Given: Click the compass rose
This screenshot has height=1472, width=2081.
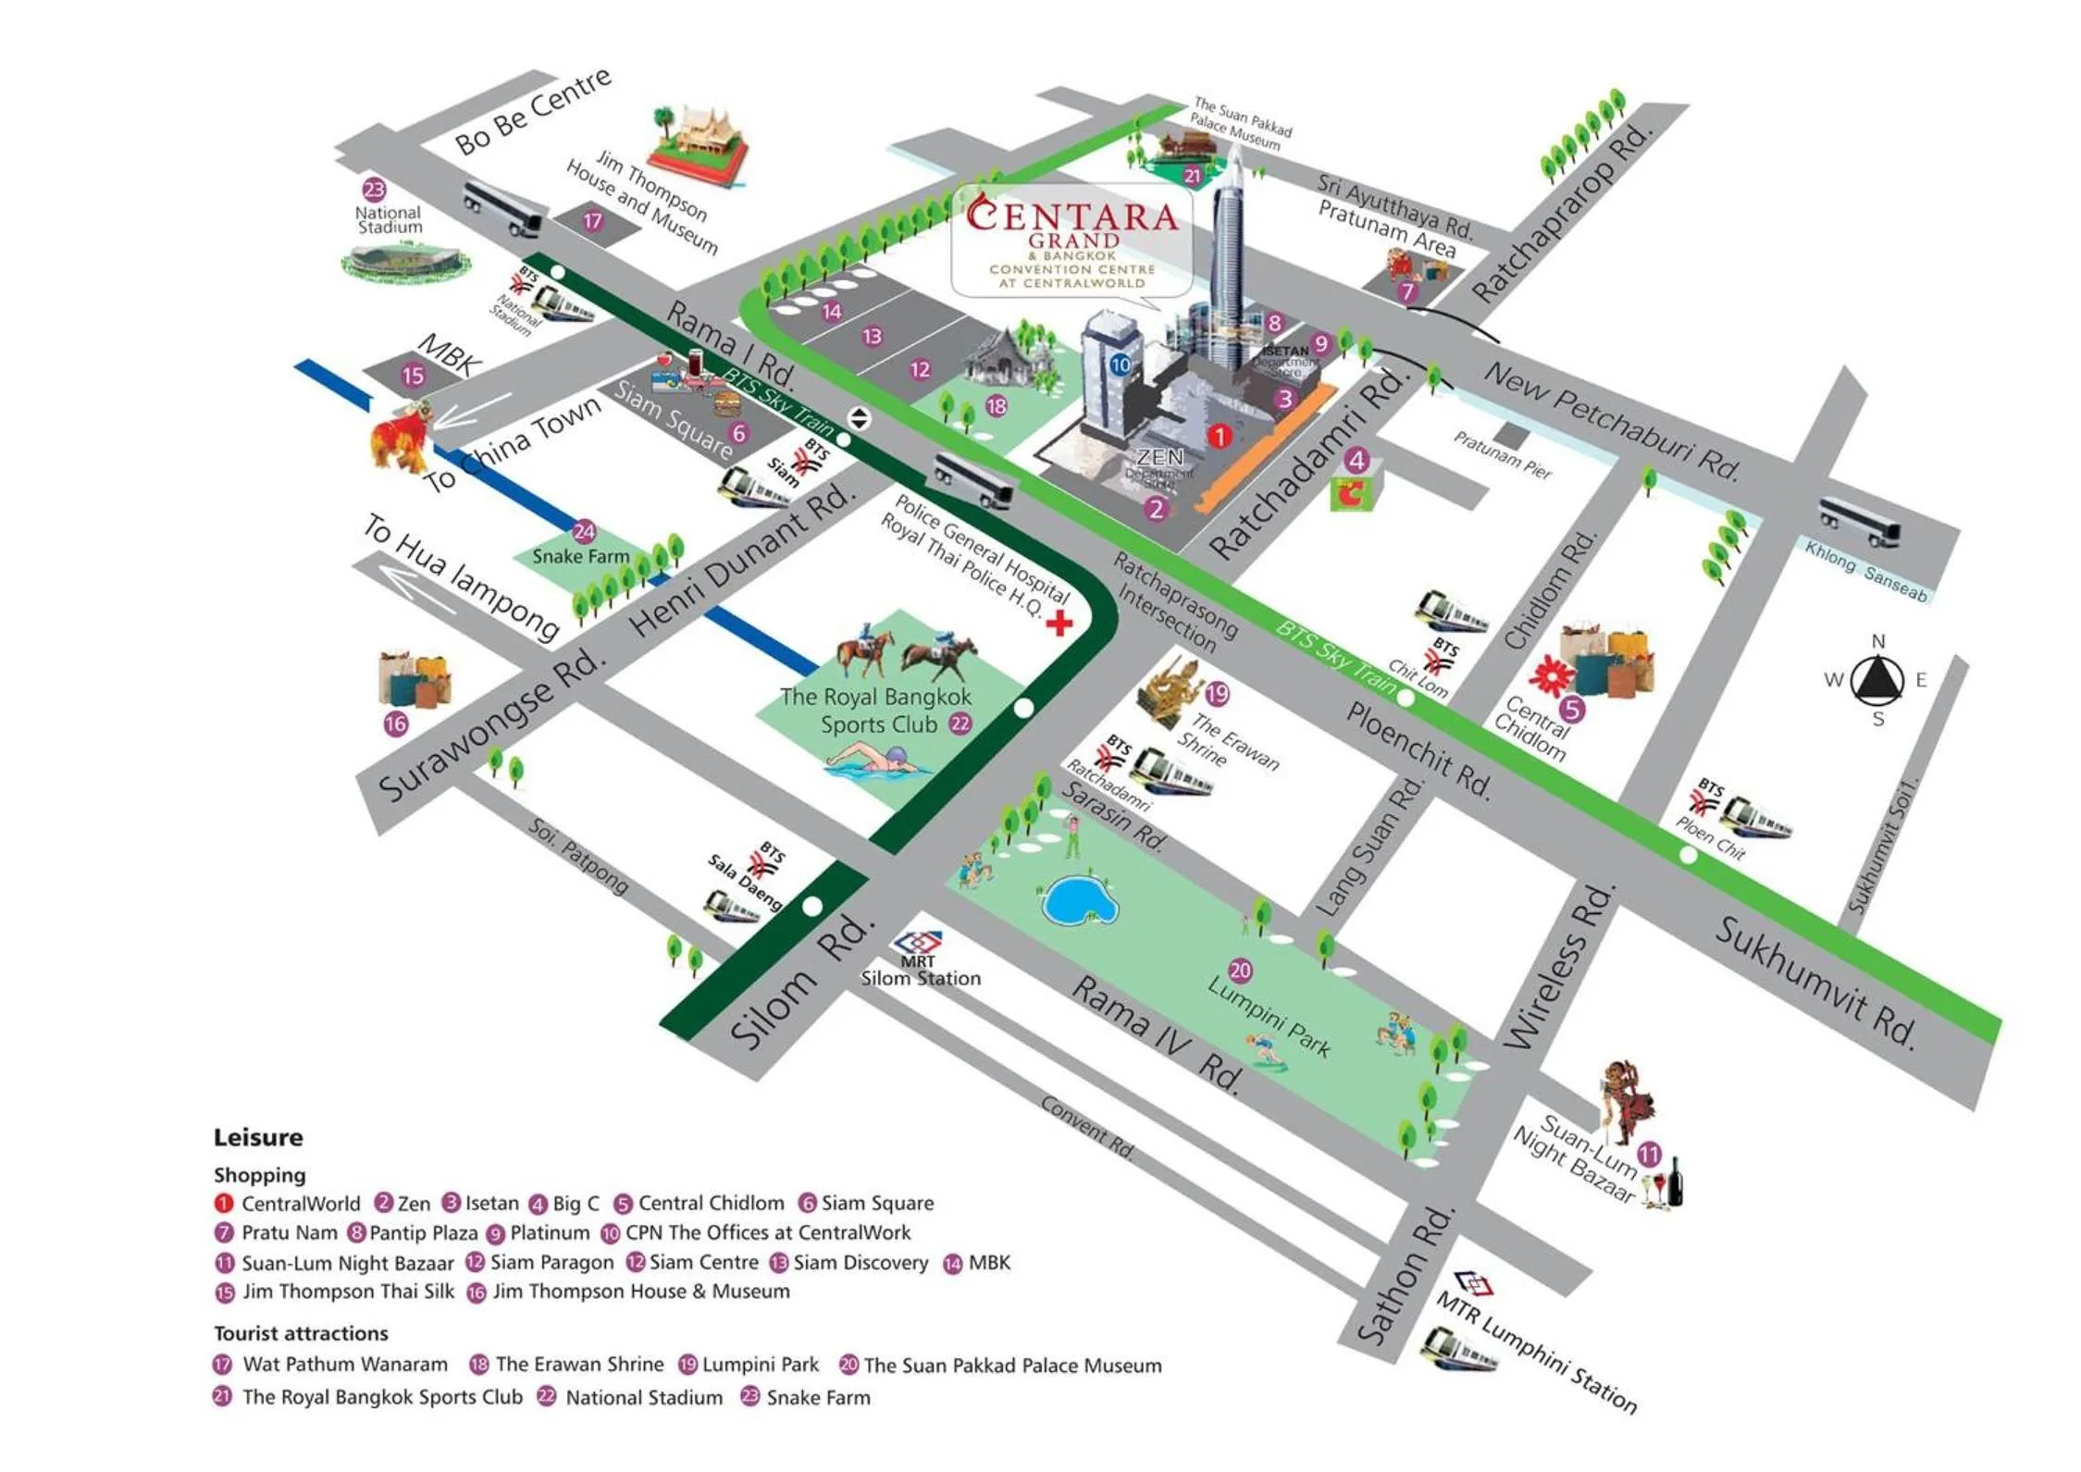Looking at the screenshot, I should [1878, 680].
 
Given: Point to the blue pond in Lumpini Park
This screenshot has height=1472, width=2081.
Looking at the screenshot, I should [1079, 900].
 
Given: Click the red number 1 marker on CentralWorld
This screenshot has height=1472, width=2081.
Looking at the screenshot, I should [1220, 435].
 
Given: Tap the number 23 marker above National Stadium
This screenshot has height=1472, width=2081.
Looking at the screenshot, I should [374, 190].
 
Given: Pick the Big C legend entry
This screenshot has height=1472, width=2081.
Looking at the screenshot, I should [564, 1204].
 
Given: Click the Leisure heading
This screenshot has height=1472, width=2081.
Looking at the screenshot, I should [258, 1137].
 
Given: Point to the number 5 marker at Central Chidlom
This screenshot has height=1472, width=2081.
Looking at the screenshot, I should [1572, 709].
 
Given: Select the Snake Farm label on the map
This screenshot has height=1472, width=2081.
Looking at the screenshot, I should [580, 556].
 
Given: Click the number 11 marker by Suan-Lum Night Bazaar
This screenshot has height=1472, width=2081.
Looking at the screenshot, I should [1650, 1154].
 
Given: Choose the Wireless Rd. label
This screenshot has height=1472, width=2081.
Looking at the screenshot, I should [1560, 968].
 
